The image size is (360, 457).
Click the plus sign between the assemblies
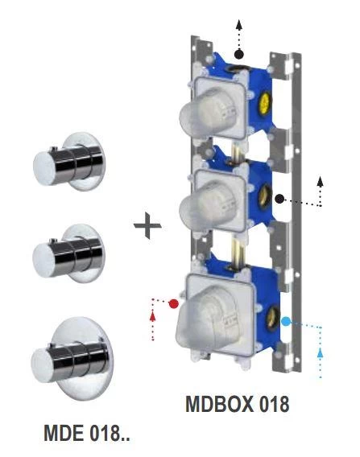tap(147, 226)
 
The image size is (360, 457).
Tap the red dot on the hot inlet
tap(173, 303)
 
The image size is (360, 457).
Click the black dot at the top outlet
tap(239, 54)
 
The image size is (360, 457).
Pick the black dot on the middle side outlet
tap(279, 198)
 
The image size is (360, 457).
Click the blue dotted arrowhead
tap(321, 352)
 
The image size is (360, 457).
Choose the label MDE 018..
tap(86, 436)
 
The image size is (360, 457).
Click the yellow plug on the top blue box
tap(263, 102)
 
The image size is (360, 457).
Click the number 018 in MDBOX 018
tap(271, 403)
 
